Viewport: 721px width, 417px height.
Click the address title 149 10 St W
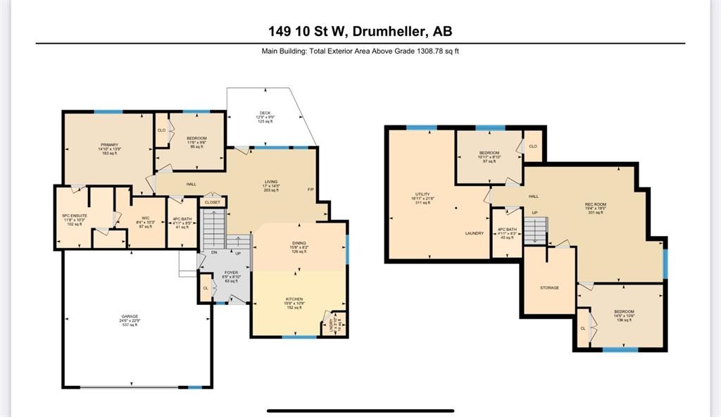[360, 31]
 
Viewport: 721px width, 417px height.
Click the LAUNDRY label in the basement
[474, 233]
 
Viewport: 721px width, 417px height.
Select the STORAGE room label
[549, 287]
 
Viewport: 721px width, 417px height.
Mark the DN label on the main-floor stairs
[215, 253]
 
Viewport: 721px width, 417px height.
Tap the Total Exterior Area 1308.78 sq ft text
[360, 51]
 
